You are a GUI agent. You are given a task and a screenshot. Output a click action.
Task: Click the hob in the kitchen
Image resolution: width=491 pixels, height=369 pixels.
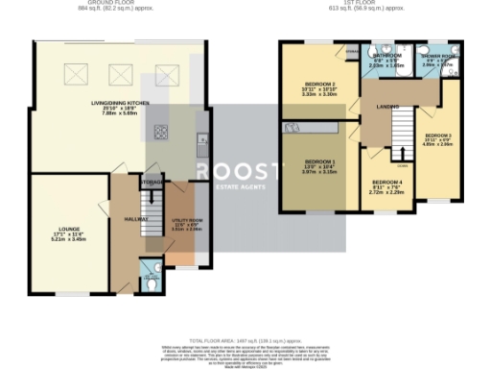coord(158,133)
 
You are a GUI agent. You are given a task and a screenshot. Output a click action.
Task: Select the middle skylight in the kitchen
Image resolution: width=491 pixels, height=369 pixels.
coord(121,70)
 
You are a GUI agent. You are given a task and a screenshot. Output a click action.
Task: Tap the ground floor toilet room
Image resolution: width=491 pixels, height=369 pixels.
coord(150,275)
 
